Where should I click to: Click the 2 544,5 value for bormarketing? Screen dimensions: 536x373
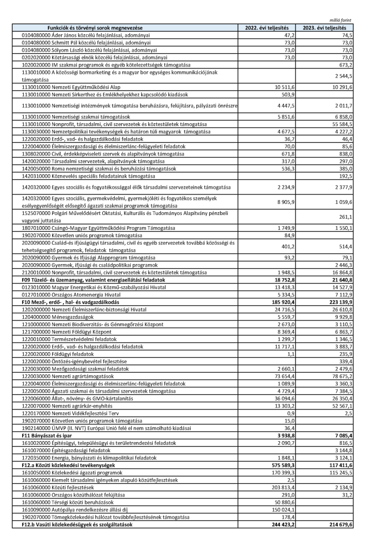[342, 76]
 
